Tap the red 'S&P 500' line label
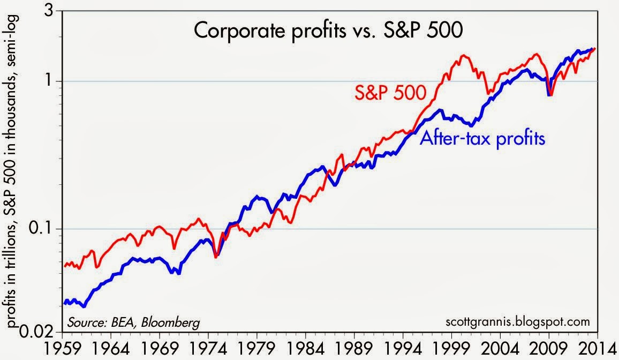click(390, 93)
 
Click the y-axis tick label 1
click(53, 81)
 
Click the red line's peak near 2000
click(464, 55)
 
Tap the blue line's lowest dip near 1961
click(84, 306)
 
